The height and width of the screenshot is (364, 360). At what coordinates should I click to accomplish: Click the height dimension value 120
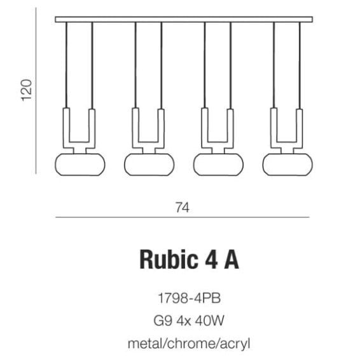(x=27, y=90)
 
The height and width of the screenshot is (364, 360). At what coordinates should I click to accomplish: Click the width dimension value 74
(x=183, y=208)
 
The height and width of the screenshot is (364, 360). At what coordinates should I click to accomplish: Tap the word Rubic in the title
(x=169, y=260)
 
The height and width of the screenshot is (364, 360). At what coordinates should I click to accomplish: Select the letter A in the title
(x=231, y=260)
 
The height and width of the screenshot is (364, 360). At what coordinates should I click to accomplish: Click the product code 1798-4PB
(x=189, y=298)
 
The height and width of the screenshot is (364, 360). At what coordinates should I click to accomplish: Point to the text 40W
(x=210, y=321)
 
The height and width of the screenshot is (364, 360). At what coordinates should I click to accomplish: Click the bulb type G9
(x=163, y=321)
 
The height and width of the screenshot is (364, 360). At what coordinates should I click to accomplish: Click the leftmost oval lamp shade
(x=80, y=165)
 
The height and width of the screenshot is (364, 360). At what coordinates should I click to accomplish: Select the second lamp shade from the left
(x=149, y=165)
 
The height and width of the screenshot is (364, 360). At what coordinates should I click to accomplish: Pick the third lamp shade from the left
(x=218, y=165)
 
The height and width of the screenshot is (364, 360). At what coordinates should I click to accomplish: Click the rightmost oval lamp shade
(x=287, y=165)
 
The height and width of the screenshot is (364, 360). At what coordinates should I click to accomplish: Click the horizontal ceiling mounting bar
(x=184, y=20)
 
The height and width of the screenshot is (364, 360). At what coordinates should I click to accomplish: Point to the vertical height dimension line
(x=36, y=91)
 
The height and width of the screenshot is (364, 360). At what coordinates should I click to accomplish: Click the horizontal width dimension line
(x=183, y=217)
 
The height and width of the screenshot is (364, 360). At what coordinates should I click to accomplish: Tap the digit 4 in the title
(x=211, y=260)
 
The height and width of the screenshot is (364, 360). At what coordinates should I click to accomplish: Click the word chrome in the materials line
(x=191, y=344)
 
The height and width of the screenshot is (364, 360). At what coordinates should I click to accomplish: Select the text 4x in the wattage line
(x=184, y=321)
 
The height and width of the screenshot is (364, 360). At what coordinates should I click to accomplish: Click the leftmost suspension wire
(x=67, y=65)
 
